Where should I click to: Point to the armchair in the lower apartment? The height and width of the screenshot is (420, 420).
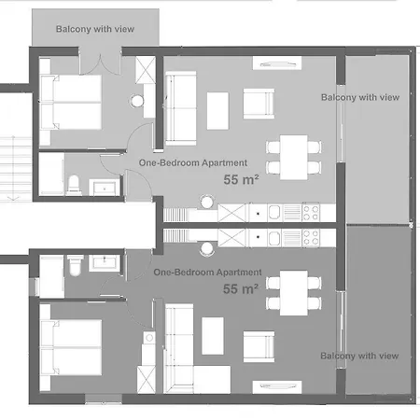(259, 346)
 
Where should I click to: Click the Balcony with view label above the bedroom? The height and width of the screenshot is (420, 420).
(94, 29)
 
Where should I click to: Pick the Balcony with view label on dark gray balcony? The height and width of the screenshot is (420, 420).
(359, 356)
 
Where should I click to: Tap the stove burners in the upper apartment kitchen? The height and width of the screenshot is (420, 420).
(310, 214)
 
